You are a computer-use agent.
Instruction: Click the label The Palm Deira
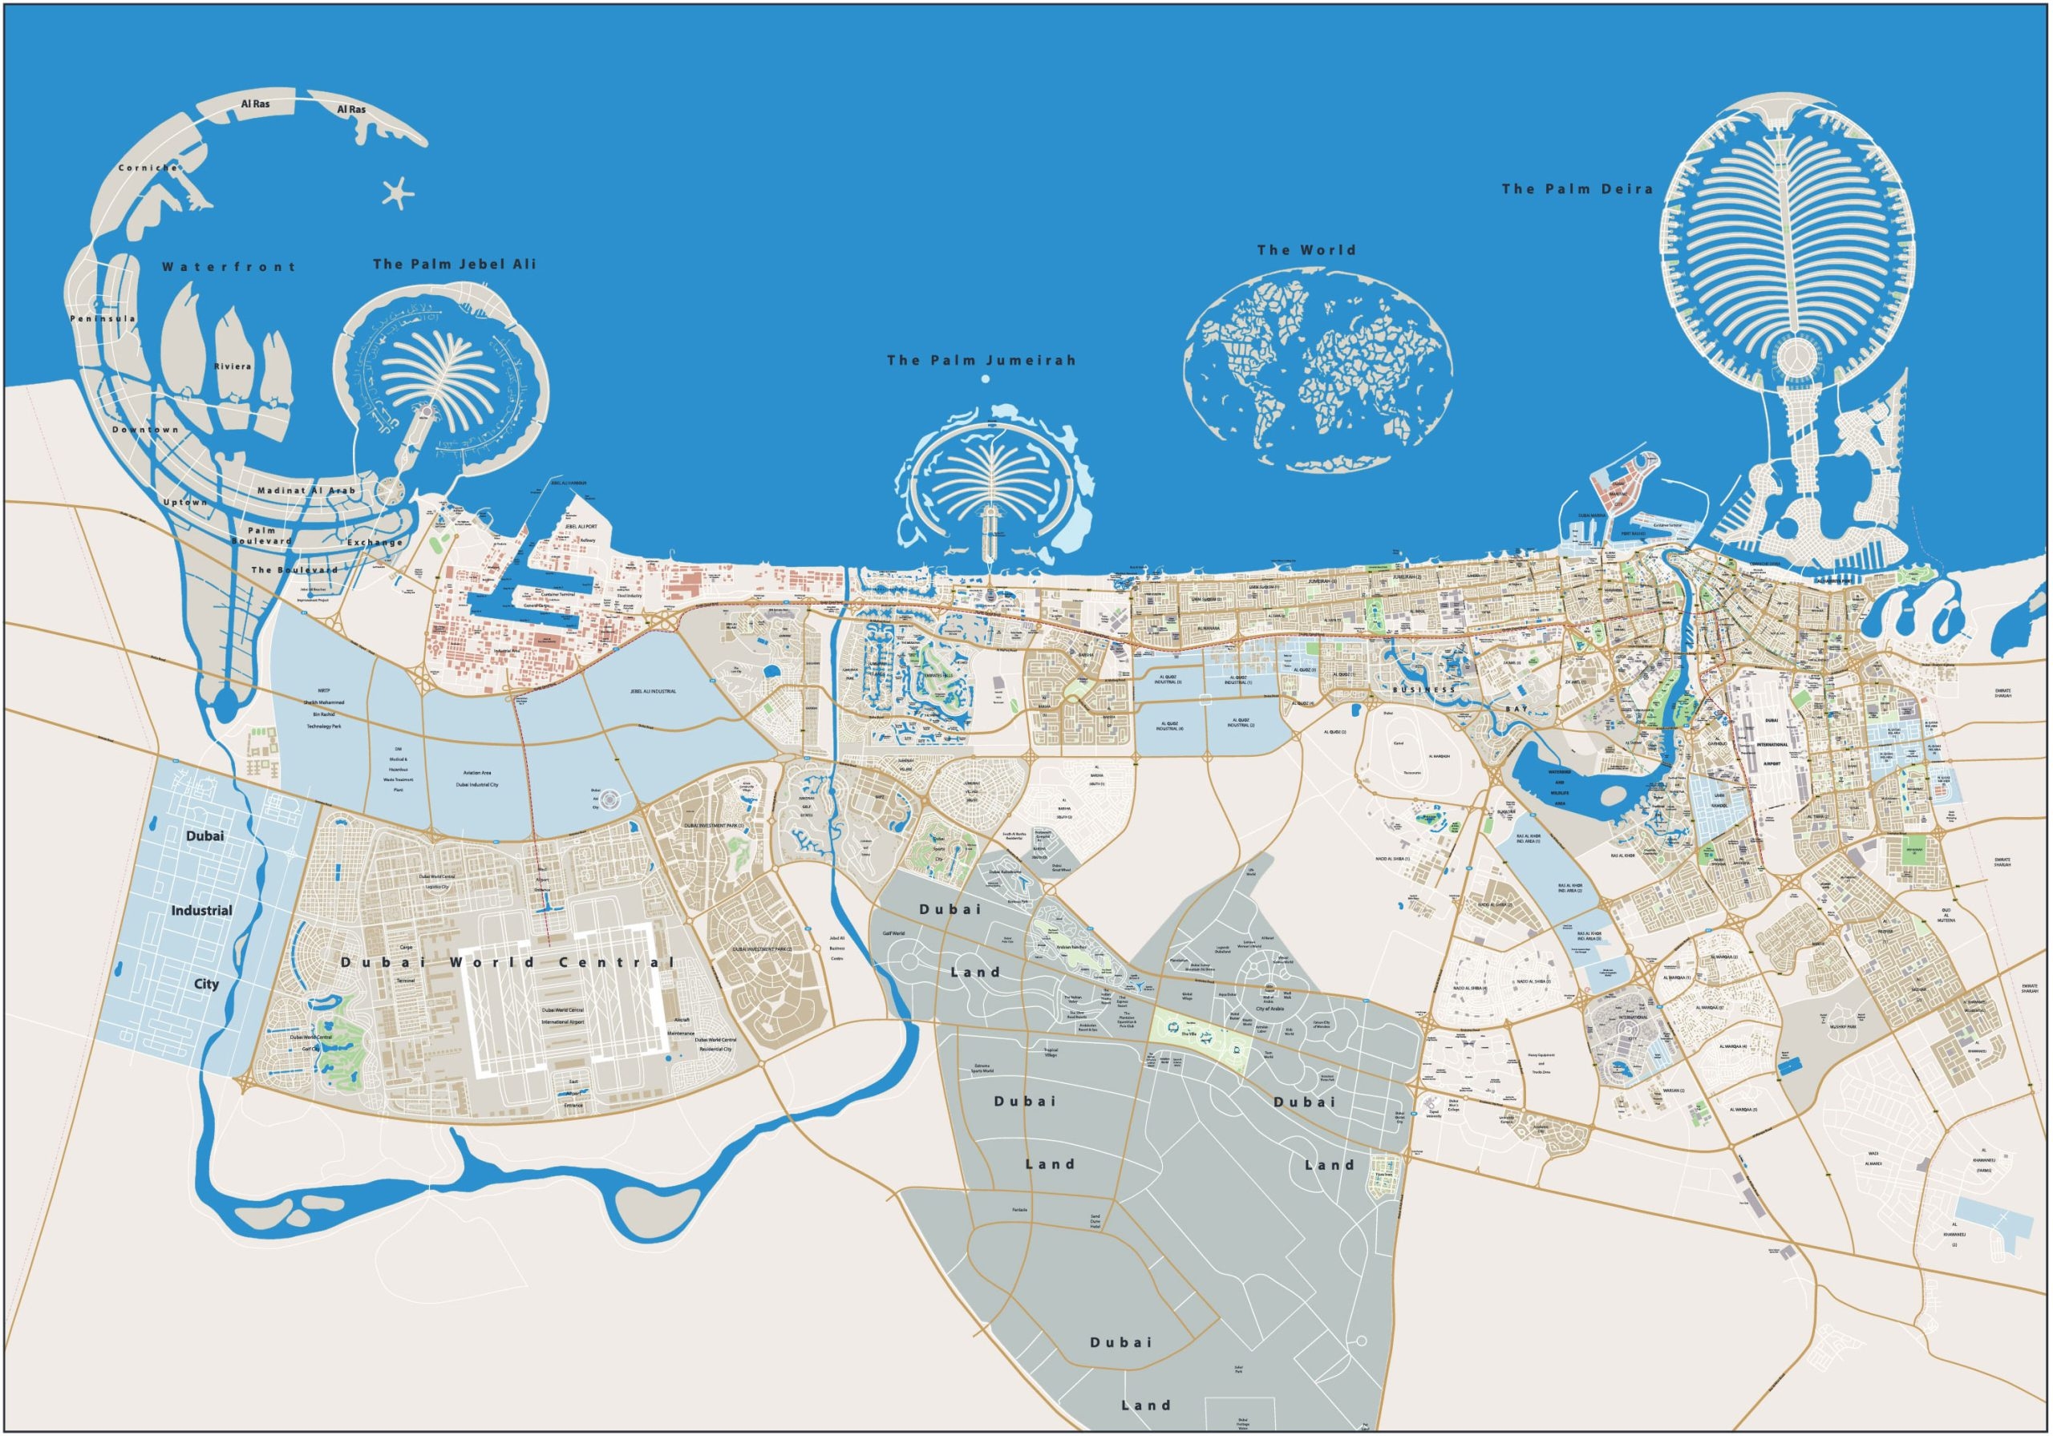(1577, 188)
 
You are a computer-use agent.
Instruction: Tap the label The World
(1306, 250)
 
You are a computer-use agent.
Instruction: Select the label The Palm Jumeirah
(981, 360)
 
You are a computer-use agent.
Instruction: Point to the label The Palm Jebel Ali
(454, 264)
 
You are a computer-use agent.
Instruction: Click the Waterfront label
(228, 266)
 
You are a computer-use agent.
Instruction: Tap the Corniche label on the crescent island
(148, 168)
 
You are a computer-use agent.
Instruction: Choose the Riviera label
(233, 366)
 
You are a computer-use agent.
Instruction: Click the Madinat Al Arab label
(306, 490)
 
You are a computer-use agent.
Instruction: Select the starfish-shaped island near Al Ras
(398, 192)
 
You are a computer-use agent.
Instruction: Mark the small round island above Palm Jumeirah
(986, 379)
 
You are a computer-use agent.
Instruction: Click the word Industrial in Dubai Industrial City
(201, 910)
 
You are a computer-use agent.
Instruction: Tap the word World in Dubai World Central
(492, 962)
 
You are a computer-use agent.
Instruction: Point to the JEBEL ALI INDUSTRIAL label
(652, 691)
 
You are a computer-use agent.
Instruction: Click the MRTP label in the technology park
(324, 690)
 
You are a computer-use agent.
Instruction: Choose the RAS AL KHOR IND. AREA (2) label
(1569, 888)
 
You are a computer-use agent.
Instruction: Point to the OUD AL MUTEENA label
(1946, 916)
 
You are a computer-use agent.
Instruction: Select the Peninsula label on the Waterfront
(103, 318)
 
